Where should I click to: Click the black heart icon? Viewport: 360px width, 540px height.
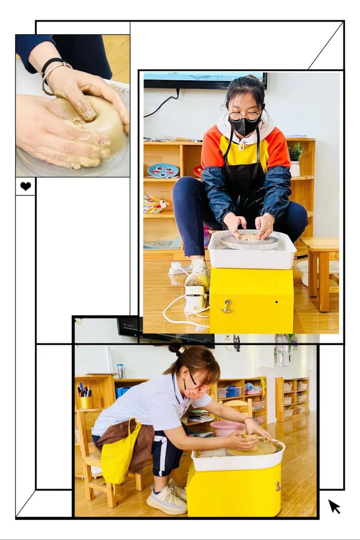pos(26,186)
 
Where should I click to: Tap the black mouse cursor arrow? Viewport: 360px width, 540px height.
pos(334,506)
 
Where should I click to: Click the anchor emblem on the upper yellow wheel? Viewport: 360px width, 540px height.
pos(226,306)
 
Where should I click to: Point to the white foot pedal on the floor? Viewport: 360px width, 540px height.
pos(196,298)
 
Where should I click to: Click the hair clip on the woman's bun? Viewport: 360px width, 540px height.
pos(182,349)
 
